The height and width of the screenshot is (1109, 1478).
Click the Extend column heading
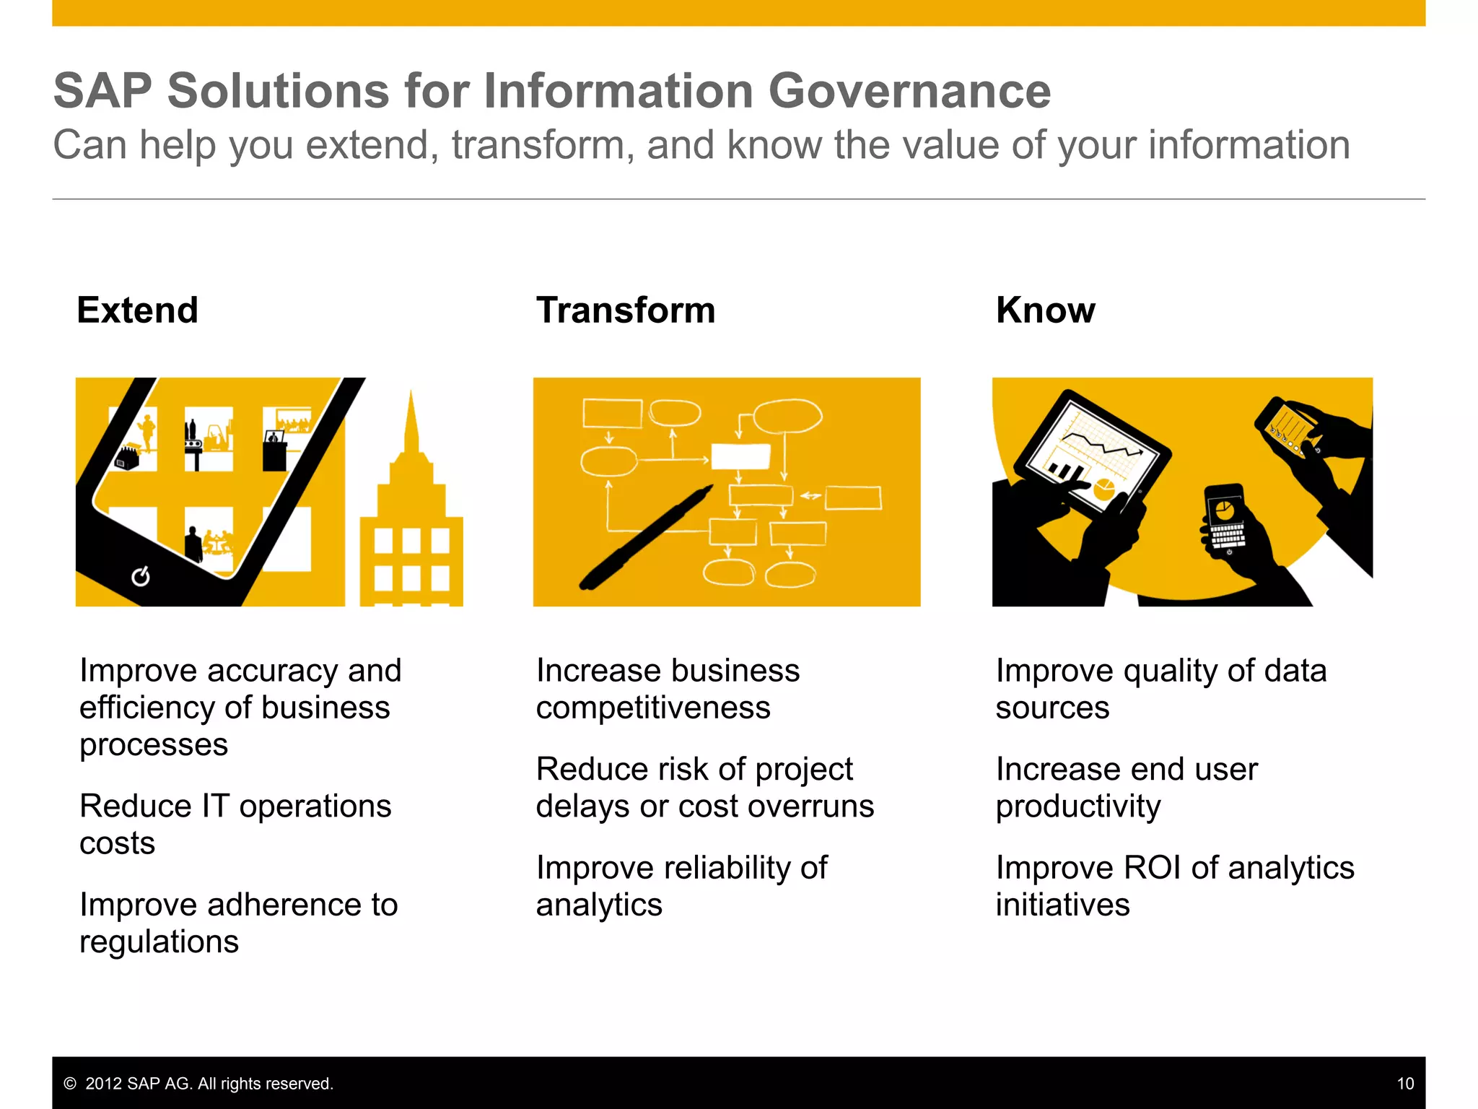tap(137, 310)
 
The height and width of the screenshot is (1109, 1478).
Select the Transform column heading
tap(625, 310)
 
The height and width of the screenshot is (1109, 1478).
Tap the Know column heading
tap(1045, 310)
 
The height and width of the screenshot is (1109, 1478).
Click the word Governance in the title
tap(909, 91)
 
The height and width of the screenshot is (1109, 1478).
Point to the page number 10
tap(1404, 1083)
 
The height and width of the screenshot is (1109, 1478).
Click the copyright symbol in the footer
tap(70, 1083)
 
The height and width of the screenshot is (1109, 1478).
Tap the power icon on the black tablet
tap(141, 576)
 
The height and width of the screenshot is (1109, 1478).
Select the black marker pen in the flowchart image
tap(646, 538)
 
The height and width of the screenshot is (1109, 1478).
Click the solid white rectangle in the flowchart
tap(740, 456)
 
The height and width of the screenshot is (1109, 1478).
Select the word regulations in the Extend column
tap(159, 942)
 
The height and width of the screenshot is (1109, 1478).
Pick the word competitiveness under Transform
tap(653, 708)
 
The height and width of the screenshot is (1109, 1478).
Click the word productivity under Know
tap(1078, 806)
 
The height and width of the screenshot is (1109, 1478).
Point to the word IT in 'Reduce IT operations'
tap(215, 806)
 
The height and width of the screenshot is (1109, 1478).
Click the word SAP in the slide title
tap(102, 91)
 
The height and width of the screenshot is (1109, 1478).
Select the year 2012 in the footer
tap(103, 1083)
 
